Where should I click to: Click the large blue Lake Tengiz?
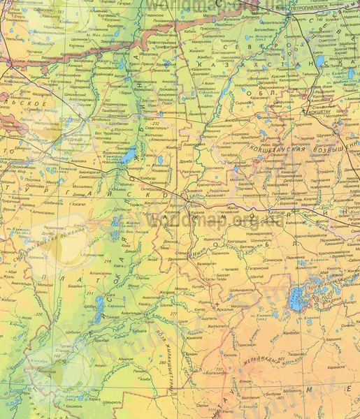297,298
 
